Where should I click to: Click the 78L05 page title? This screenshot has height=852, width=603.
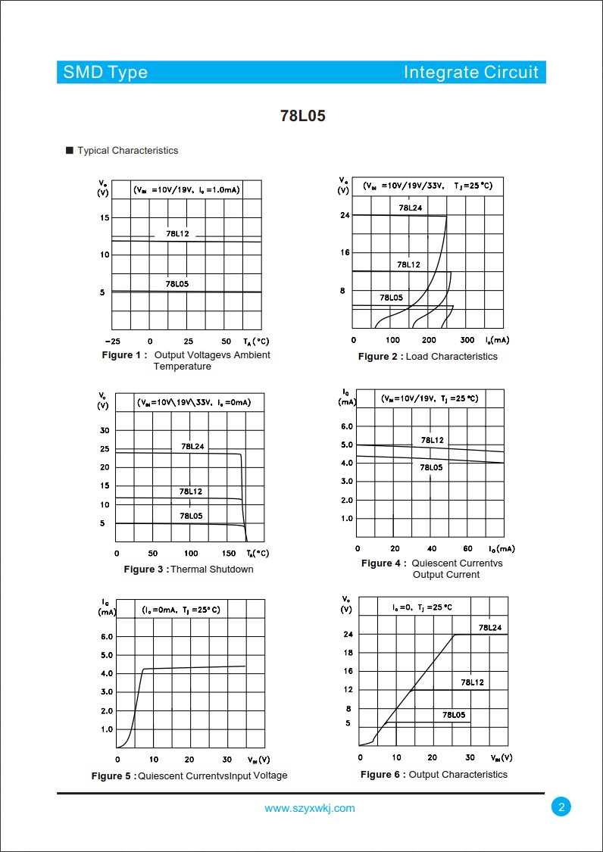302,116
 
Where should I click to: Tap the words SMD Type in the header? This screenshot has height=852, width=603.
105,73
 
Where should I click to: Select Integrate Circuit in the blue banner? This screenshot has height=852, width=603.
470,73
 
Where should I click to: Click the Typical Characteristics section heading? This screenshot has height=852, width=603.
127,151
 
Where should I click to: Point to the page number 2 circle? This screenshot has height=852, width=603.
561,807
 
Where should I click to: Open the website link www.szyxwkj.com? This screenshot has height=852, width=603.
309,808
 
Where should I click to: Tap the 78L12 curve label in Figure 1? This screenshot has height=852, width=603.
177,234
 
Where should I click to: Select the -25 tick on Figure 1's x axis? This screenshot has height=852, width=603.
111,342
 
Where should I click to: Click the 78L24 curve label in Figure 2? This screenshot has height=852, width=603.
410,208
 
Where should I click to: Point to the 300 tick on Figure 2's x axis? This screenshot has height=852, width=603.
467,341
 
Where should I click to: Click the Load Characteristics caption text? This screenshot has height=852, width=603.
451,357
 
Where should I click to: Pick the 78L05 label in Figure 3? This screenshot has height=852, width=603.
191,516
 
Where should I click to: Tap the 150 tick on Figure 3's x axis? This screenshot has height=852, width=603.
229,554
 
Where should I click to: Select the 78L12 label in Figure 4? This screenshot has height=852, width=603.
433,440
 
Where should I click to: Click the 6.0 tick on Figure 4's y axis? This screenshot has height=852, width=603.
345,426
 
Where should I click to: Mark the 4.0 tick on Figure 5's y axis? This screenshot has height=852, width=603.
107,673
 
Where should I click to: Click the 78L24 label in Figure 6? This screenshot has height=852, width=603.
489,628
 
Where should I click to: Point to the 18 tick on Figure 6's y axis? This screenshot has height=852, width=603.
348,652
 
